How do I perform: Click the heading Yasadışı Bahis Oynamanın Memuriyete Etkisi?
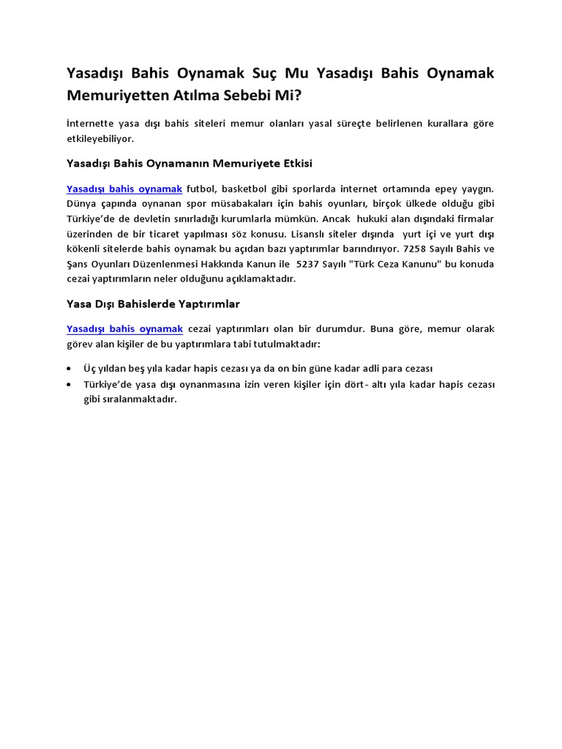(x=190, y=163)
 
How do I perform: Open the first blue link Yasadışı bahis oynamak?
(x=124, y=189)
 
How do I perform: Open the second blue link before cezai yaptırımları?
(x=124, y=328)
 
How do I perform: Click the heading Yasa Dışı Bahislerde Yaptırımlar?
(x=153, y=303)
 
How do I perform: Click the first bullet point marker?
(x=69, y=368)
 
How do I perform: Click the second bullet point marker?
(x=69, y=385)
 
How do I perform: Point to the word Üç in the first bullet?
(x=90, y=368)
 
